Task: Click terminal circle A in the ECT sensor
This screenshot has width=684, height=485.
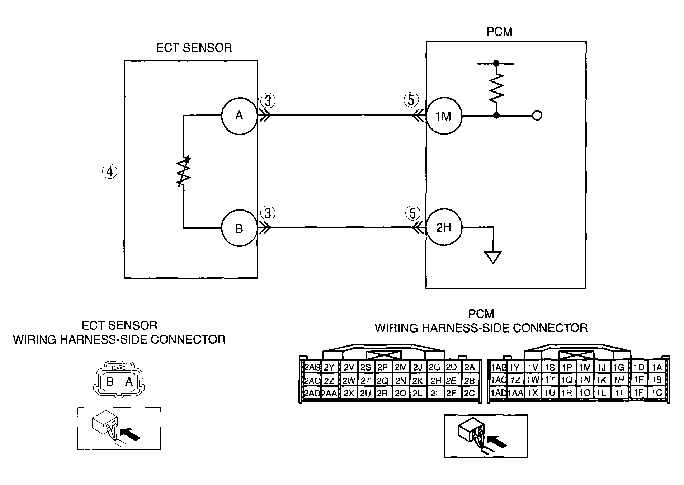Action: point(239,116)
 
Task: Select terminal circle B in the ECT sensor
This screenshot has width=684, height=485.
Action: point(239,228)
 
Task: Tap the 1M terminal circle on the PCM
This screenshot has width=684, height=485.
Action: point(444,116)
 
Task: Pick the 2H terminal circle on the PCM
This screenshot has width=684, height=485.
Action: point(444,227)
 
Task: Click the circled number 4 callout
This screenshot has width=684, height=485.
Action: point(109,172)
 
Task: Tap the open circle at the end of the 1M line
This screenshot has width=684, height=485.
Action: point(537,116)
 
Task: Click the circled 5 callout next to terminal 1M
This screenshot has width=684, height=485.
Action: point(411,100)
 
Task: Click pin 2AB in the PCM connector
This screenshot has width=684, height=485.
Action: point(312,367)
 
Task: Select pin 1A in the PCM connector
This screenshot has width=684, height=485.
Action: point(657,367)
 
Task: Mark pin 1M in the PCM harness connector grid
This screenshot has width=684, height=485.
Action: point(585,367)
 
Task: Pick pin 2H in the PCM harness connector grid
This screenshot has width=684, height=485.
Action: point(436,380)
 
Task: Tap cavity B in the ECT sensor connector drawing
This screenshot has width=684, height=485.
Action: point(110,382)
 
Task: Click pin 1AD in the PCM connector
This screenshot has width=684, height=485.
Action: point(498,393)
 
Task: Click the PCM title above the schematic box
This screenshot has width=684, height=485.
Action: point(499,32)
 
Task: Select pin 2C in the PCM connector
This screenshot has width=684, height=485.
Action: point(470,393)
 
